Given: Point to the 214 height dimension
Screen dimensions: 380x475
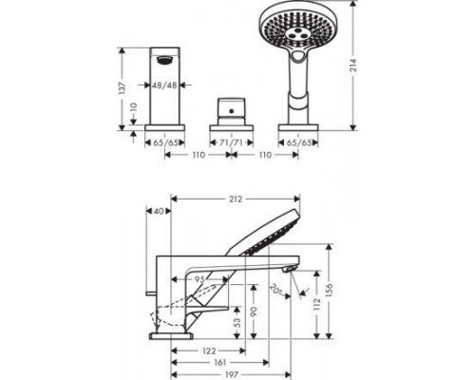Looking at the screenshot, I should coord(351,64).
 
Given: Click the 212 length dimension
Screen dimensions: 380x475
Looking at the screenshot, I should coord(235,199).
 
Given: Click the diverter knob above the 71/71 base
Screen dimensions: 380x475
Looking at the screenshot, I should coord(226,104).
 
